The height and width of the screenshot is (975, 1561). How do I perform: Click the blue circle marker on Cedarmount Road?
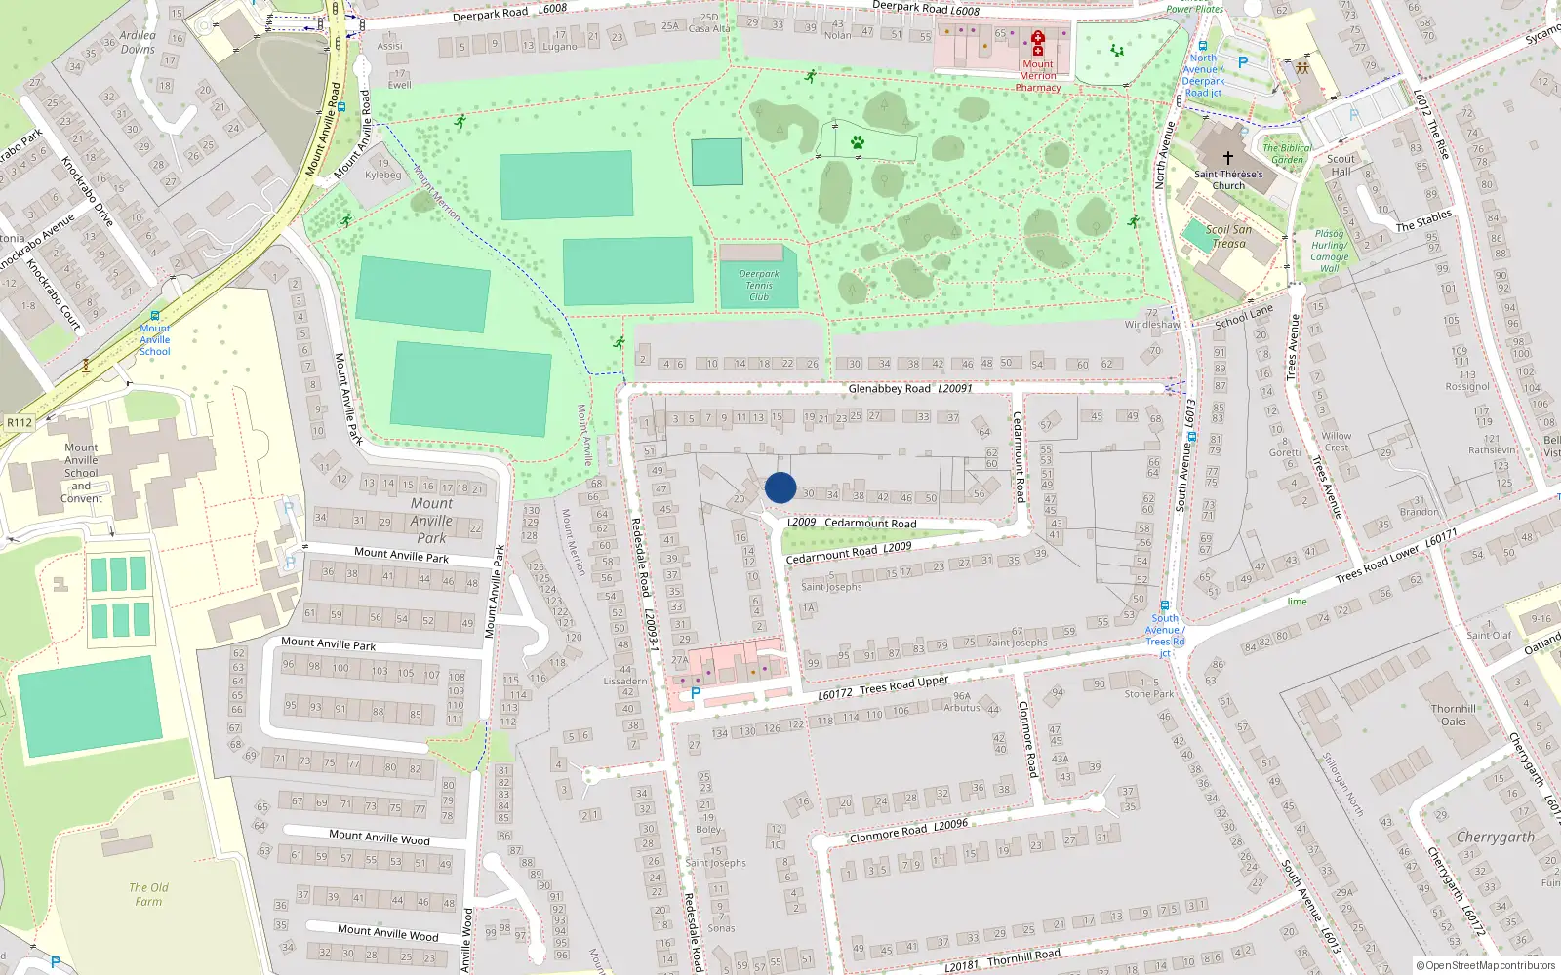pyautogui.click(x=780, y=487)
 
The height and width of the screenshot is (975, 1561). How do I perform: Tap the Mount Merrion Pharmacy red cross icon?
pyautogui.click(x=1038, y=43)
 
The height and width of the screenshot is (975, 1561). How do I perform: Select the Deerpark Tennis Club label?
pyautogui.click(x=759, y=286)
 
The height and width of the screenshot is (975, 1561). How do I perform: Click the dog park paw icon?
pyautogui.click(x=858, y=142)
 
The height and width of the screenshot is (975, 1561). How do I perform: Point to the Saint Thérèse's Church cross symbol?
pyautogui.click(x=1228, y=157)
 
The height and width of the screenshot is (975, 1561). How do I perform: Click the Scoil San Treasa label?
pyautogui.click(x=1228, y=237)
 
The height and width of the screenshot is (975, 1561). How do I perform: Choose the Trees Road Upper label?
pyautogui.click(x=903, y=684)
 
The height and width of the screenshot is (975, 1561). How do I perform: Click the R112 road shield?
pyautogui.click(x=20, y=422)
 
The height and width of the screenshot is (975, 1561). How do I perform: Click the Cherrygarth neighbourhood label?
pyautogui.click(x=1495, y=838)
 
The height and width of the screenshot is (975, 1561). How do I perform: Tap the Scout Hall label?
pyautogui.click(x=1341, y=165)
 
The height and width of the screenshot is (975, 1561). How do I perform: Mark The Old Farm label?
pyautogui.click(x=148, y=894)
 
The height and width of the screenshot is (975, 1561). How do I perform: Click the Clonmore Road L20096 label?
pyautogui.click(x=908, y=831)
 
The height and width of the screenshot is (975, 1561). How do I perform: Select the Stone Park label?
pyautogui.click(x=1149, y=694)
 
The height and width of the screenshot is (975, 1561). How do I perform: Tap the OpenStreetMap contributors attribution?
pyautogui.click(x=1486, y=966)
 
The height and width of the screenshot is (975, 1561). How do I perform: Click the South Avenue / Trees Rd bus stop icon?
pyautogui.click(x=1165, y=605)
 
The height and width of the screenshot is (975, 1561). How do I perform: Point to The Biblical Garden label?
pyautogui.click(x=1287, y=154)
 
